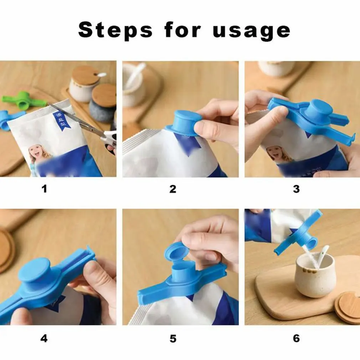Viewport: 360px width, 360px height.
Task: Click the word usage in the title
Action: pos(251,30)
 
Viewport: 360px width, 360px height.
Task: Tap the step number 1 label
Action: pos(44,189)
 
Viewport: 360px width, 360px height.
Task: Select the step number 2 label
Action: pos(173,189)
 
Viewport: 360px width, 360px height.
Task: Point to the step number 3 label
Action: pos(296,189)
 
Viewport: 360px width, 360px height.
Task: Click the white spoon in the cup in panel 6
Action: pos(323,255)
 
